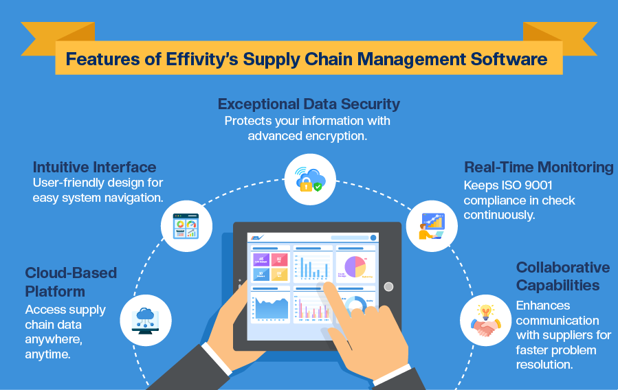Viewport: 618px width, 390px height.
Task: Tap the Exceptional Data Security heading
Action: pos(309,104)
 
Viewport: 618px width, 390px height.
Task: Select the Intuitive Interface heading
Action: pos(95,167)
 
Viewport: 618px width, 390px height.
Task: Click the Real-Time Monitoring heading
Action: pos(538,168)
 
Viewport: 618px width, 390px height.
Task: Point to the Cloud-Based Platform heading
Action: pos(71,282)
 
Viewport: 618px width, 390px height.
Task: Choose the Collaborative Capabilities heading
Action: pos(562,276)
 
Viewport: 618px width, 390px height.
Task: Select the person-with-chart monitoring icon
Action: pos(431,227)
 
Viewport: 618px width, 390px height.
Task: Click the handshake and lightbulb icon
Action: pos(485,320)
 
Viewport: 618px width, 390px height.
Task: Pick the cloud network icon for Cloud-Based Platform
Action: pos(146,319)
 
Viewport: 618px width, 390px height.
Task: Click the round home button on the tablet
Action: pos(388,286)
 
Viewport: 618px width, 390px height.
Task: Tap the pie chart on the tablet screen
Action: pos(354,266)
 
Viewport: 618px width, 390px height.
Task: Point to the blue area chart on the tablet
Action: pos(270,307)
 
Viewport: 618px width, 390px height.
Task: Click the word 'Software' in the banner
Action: pos(509,60)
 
